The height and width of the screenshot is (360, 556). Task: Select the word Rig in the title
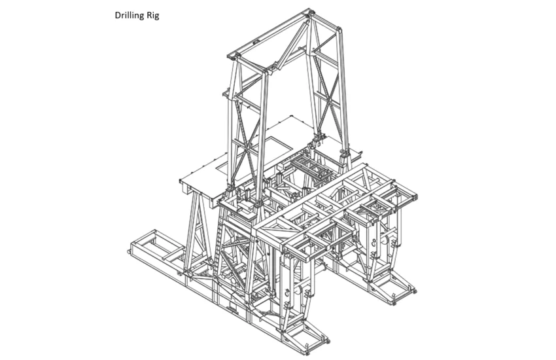click(153, 16)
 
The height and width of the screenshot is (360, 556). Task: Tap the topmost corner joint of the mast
click(308, 12)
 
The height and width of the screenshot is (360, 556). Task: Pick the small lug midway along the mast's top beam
click(254, 42)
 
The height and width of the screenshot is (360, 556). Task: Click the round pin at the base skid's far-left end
click(128, 252)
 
